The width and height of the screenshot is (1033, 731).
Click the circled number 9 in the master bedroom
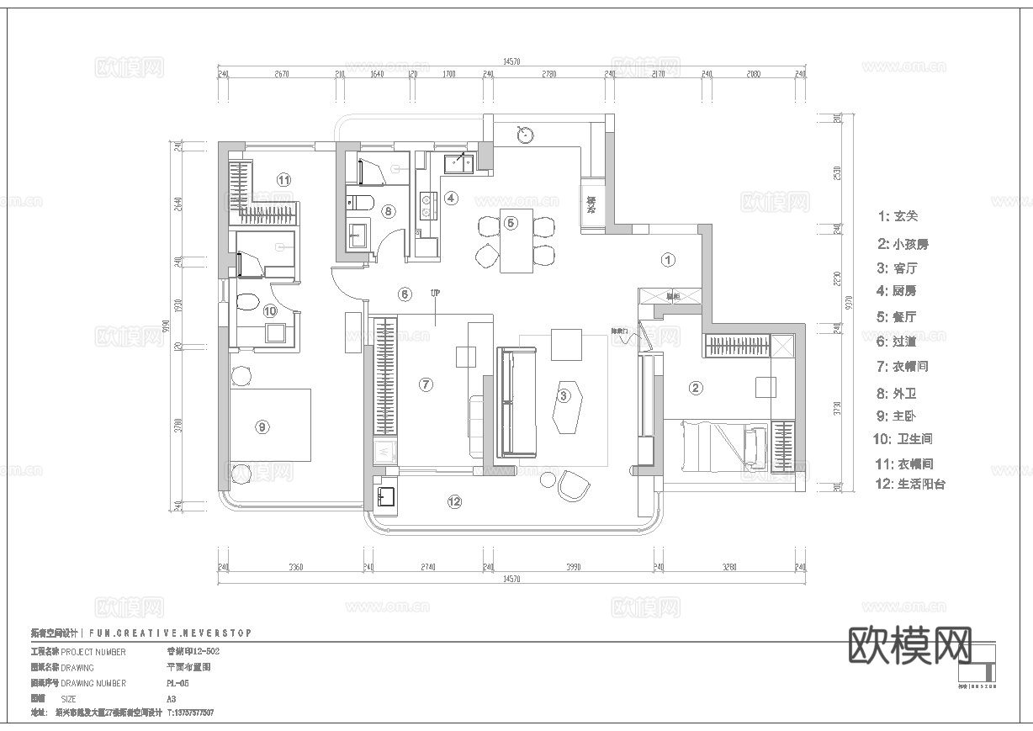coord(262,427)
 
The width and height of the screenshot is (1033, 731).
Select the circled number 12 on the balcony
coord(454,502)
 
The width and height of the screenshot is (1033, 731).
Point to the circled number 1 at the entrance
coord(668,260)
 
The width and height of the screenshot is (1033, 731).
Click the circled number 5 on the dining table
coord(511,223)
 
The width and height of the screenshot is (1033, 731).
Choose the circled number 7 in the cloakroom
coord(426,384)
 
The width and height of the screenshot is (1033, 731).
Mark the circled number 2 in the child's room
coord(696,388)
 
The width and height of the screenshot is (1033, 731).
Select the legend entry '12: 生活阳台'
coord(910,485)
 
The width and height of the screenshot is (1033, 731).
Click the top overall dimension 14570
coord(511,61)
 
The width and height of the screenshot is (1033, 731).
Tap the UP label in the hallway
coord(435,294)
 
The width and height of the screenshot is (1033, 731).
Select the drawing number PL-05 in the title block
coord(177,684)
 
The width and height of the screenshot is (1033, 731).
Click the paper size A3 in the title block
coord(172,699)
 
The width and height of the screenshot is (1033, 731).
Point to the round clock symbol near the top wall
coord(525,132)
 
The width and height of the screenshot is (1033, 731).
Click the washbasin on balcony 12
coord(386,495)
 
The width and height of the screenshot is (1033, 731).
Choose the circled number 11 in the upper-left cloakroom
coord(283,179)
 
